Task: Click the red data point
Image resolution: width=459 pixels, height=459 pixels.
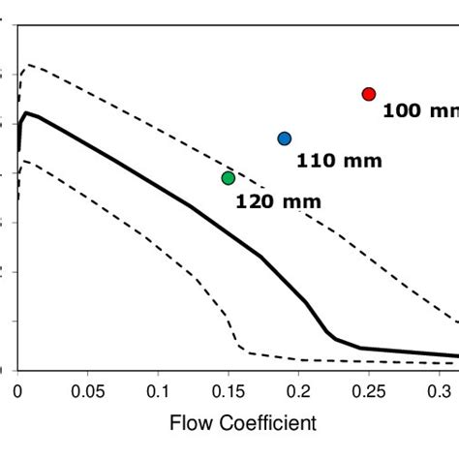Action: click(x=369, y=94)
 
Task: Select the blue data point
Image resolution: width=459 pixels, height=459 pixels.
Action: click(x=284, y=138)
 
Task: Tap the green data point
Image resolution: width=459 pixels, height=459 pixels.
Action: click(x=229, y=178)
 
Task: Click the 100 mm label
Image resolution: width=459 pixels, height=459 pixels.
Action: click(x=415, y=111)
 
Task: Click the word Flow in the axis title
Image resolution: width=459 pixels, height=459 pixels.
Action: click(x=190, y=423)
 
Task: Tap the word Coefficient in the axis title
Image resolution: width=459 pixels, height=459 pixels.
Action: click(x=264, y=423)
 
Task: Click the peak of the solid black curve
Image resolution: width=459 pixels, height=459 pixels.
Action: click(x=26, y=113)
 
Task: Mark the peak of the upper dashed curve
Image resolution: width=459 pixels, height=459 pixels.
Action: click(x=28, y=65)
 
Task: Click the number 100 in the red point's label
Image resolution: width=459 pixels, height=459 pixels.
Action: click(x=401, y=111)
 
